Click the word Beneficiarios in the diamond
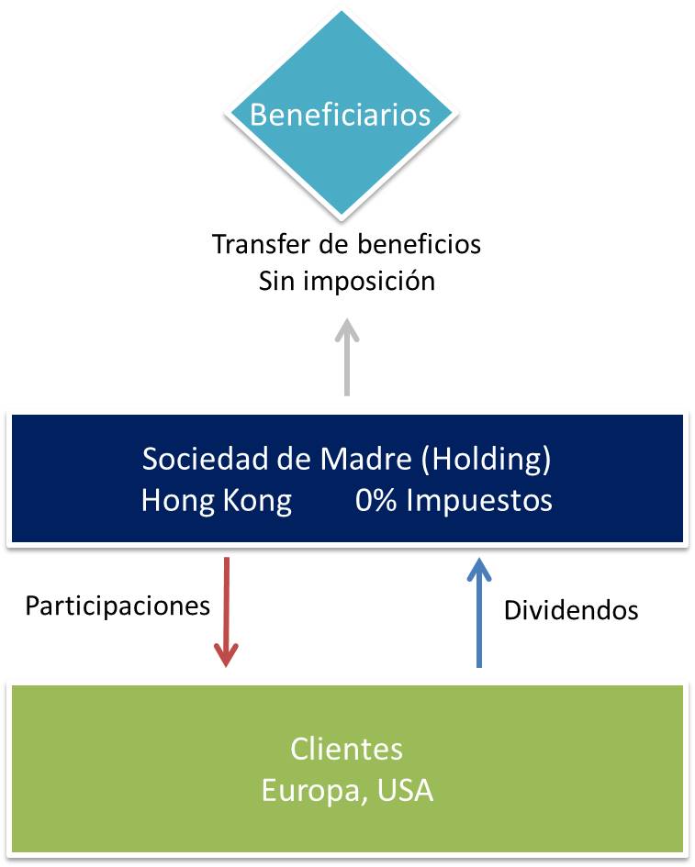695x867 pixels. (341, 116)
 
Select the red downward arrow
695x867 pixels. (226, 610)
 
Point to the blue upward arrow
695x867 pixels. (477, 612)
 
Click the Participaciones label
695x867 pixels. (118, 606)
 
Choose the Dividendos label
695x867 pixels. (571, 610)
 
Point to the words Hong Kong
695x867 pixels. (217, 501)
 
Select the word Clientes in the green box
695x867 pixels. (346, 749)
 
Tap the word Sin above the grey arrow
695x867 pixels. (276, 281)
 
